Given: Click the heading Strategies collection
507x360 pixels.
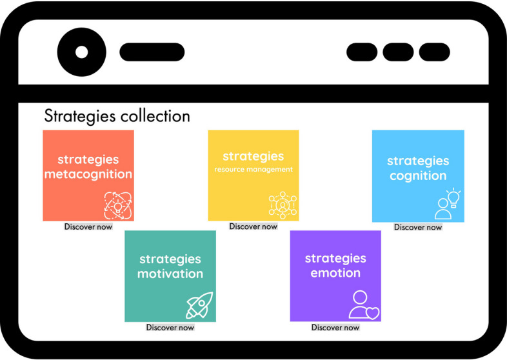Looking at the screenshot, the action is [x=117, y=116].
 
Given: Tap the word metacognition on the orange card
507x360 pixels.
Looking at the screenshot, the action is [x=88, y=174].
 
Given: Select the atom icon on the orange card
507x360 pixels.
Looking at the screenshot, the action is [x=117, y=204].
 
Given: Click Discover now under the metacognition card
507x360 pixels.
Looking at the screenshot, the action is [x=88, y=226].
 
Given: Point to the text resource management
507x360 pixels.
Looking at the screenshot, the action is [x=253, y=170].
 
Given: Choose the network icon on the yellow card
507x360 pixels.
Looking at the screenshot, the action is [x=283, y=204].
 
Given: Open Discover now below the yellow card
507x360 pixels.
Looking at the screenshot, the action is [x=253, y=226].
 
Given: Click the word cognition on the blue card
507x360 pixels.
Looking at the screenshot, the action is [x=418, y=175].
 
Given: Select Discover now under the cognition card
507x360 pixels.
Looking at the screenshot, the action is [x=418, y=227].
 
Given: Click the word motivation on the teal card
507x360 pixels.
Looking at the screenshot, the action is [x=170, y=274].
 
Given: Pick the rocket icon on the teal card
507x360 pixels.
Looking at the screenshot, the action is [x=199, y=305].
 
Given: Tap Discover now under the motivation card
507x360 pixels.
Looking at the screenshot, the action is [x=170, y=327].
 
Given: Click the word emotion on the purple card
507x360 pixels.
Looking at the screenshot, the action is [x=335, y=273].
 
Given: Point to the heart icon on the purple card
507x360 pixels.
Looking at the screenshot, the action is [x=372, y=312].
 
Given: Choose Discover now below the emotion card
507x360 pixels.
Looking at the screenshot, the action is [x=335, y=327].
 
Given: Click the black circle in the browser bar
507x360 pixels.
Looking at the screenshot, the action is [x=81, y=52].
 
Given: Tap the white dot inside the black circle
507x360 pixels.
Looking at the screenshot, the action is [x=81, y=52].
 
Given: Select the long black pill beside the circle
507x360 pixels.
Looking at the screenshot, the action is [x=152, y=52].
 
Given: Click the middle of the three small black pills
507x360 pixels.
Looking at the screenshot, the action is [x=398, y=52].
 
